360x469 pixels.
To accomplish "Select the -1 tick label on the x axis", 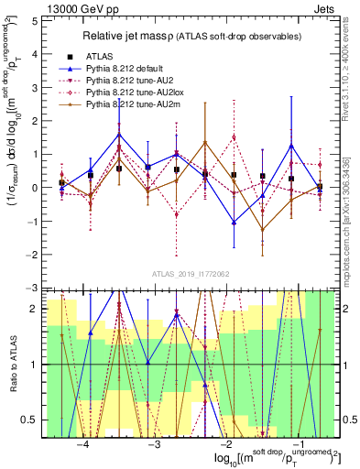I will click(x=296, y=445).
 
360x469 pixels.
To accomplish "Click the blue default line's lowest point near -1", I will click(x=235, y=222).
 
